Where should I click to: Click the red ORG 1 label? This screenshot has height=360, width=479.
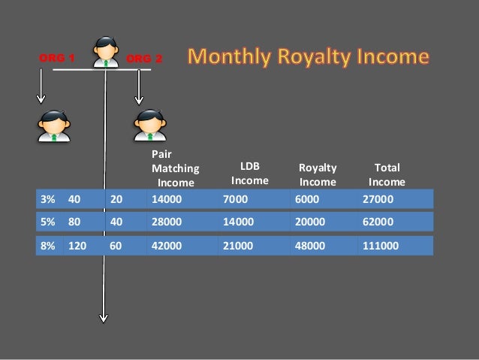57,58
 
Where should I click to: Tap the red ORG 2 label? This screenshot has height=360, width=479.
143,59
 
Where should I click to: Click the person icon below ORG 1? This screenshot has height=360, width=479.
54,125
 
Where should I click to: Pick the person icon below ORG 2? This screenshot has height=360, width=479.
149,125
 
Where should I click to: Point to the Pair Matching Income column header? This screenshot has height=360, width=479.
175,169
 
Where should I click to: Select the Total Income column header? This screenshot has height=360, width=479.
387,174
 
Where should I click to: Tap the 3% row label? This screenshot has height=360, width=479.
48,199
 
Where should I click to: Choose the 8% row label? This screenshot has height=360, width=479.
48,246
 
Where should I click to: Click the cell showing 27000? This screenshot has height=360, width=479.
378,199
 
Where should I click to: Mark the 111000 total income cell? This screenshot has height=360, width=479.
381,246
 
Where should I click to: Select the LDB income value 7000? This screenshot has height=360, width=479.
235,199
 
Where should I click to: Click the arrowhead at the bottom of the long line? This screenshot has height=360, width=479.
104,316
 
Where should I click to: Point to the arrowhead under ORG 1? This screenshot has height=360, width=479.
41,98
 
